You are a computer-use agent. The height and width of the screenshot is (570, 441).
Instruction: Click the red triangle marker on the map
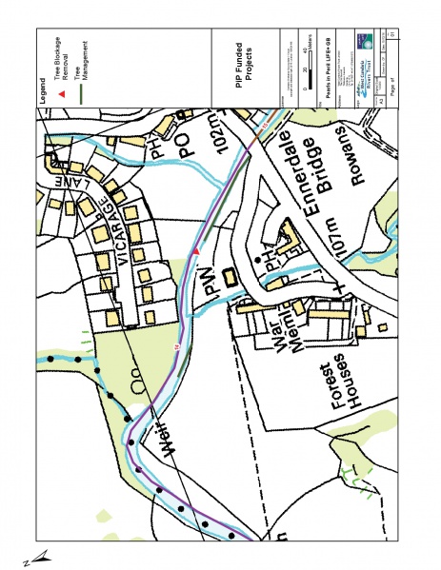pos(196,250)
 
